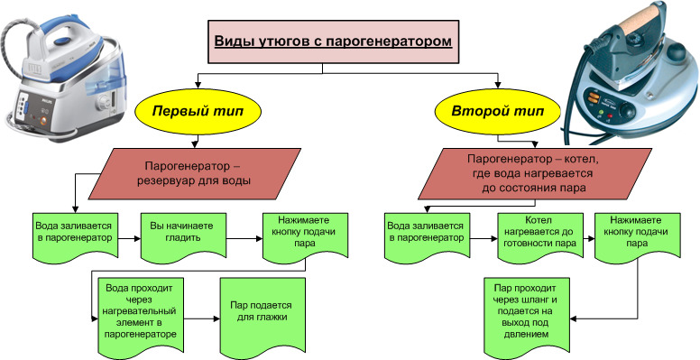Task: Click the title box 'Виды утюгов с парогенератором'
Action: click(334, 42)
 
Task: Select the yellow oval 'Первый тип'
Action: click(198, 111)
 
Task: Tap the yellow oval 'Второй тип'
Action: click(498, 111)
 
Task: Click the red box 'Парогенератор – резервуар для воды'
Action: click(195, 174)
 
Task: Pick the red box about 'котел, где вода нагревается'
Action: click(535, 174)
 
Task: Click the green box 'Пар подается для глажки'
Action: click(262, 315)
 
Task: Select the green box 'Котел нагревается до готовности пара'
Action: click(540, 237)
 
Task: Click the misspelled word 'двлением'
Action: click(527, 334)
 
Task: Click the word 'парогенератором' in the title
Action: click(389, 42)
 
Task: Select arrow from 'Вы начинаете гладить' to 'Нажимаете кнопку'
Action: click(244, 239)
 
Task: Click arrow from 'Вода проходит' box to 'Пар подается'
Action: click(202, 318)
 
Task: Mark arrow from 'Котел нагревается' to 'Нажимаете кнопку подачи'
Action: click(589, 239)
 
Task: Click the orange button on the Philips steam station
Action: click(43, 120)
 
